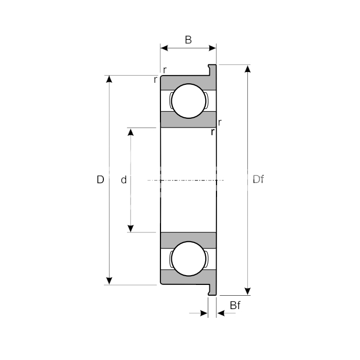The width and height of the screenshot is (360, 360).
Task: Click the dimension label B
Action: click(188, 40)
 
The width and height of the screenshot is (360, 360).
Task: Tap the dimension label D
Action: click(100, 179)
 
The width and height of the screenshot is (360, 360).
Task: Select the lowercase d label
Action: click(123, 180)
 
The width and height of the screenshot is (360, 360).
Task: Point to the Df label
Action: click(258, 179)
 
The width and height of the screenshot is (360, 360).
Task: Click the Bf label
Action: click(235, 305)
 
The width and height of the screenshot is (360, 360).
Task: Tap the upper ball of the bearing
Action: click(189, 101)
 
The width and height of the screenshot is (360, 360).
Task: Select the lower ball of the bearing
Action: click(189, 259)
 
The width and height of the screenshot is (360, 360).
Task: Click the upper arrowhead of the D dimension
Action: click(109, 79)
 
